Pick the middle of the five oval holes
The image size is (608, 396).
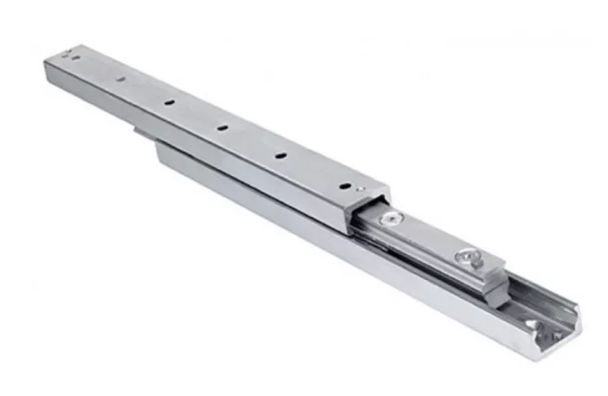coord(222,128)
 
